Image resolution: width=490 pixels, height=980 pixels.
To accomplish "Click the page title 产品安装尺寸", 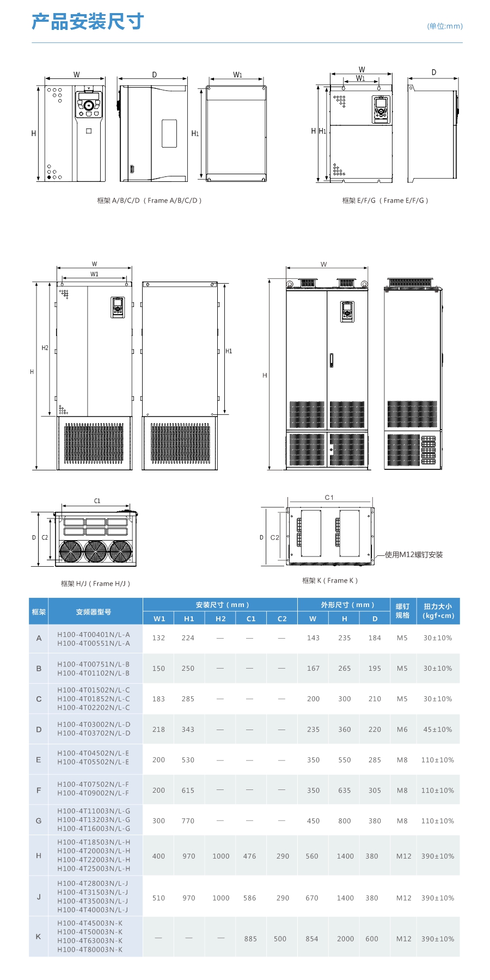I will [x=88, y=22].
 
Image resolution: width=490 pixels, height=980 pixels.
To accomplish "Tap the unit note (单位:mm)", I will [x=445, y=26].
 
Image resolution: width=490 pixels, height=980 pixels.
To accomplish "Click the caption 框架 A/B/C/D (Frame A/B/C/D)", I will [x=149, y=200].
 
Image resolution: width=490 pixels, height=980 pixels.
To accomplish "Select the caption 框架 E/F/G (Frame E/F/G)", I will [x=385, y=200].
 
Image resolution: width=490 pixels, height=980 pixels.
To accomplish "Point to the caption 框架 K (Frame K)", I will [x=330, y=580].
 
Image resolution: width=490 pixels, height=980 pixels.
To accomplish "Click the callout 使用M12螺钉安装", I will [x=414, y=555].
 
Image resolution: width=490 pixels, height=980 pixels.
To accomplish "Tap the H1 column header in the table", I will [x=189, y=618].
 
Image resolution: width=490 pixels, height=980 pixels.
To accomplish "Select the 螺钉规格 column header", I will [x=402, y=611].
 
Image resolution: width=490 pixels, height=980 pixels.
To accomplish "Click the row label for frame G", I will [x=39, y=820].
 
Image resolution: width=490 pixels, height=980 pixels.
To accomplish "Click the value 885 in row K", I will [x=250, y=939].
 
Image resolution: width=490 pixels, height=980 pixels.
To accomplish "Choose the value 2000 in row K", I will [x=345, y=939].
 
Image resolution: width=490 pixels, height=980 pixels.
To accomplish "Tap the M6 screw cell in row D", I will [x=402, y=730].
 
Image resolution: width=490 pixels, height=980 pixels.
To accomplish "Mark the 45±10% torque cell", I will [x=438, y=730].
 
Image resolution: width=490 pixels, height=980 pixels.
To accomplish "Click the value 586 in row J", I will [x=249, y=898].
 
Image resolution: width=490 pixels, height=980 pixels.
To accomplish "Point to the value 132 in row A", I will [x=158, y=638].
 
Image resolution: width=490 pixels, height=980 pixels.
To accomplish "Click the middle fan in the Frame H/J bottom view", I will [x=95, y=551].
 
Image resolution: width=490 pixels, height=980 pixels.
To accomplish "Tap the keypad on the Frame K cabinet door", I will [x=347, y=312].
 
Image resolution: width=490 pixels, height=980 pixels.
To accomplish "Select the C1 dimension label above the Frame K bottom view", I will [x=329, y=498].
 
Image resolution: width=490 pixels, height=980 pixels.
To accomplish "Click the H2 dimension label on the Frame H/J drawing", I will [x=45, y=348].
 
